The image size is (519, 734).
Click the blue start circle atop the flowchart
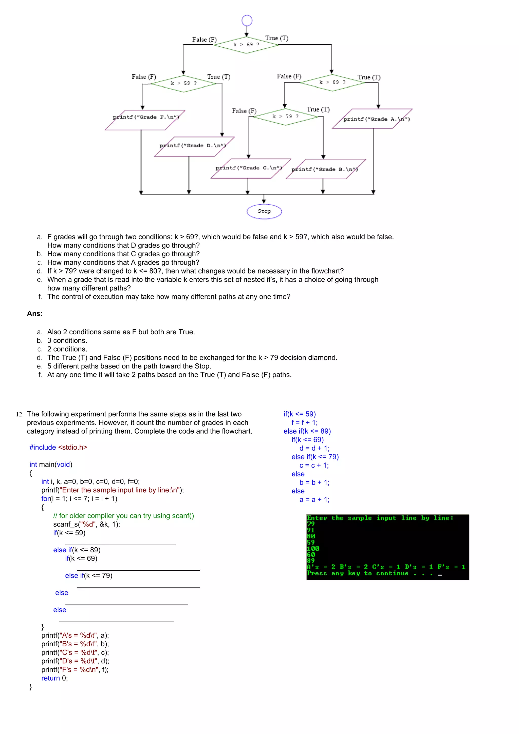247,21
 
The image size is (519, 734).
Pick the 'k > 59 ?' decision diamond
183,83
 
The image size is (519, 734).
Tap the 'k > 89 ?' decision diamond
332,83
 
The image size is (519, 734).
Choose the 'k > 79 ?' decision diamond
286,117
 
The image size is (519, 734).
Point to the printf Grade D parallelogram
194,147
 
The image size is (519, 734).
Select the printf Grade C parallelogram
250,168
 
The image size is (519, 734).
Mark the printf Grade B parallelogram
326,169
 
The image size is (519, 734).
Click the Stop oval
264,211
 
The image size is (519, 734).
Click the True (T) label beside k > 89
369,77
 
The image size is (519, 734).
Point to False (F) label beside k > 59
144,77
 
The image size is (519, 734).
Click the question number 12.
20,414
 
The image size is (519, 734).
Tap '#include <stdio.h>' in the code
58,447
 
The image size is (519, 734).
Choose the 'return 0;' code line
54,678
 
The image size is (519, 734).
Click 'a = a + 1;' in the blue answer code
314,499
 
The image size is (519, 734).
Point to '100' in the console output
313,548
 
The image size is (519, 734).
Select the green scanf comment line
123,516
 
